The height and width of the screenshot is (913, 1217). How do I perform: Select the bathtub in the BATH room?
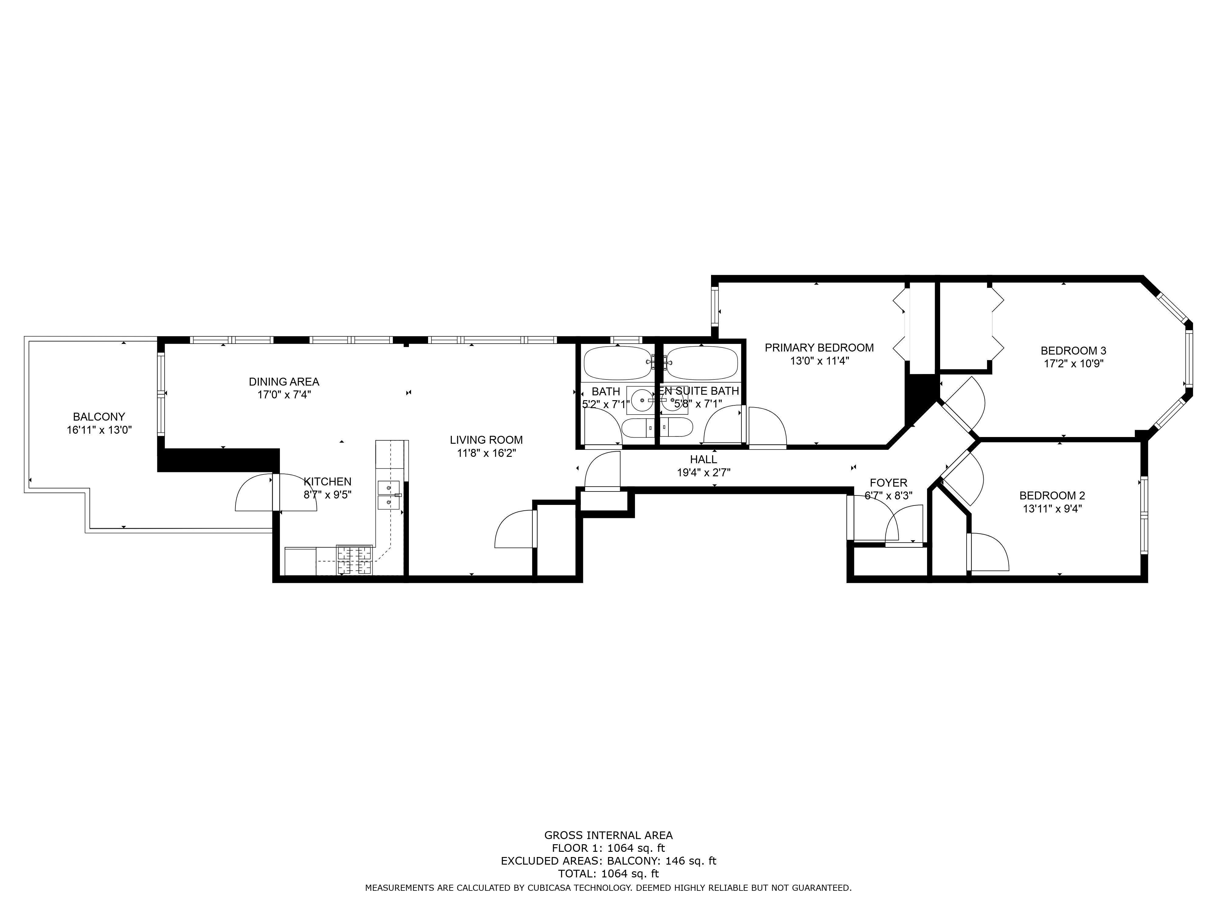pos(617,363)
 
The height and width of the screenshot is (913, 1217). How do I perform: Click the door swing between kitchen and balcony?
pos(276,492)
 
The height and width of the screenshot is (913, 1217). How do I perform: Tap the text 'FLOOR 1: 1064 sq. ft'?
pos(608,848)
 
